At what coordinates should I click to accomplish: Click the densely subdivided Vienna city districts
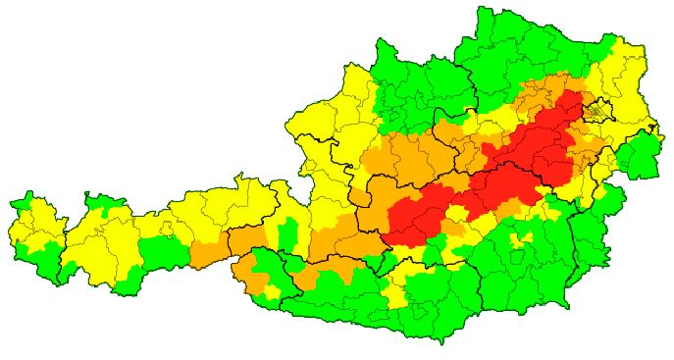(x=597, y=111)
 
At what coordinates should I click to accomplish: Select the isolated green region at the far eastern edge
(x=641, y=155)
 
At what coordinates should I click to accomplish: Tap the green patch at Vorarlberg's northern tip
(x=24, y=205)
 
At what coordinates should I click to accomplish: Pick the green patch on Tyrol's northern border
(x=101, y=204)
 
